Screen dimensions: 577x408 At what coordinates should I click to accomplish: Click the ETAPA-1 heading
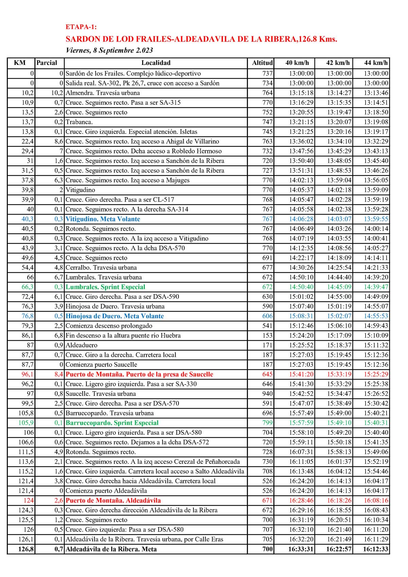[81, 27]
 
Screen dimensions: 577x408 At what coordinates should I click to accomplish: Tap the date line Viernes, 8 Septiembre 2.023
[109, 50]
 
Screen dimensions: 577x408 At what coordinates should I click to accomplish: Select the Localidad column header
[156, 63]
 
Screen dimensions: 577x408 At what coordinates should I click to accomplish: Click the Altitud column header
[262, 63]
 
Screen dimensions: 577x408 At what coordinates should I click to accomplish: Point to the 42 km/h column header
[338, 63]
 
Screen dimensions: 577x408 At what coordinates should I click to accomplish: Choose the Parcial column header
[47, 63]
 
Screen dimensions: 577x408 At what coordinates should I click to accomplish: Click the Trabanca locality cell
[79, 122]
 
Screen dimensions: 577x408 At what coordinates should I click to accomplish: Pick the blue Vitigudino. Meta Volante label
[103, 219]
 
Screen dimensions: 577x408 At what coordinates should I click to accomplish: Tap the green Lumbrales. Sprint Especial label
[105, 287]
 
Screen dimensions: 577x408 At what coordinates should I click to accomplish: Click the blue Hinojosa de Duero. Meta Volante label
[115, 316]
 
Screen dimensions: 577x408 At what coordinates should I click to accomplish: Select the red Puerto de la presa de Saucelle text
[139, 374]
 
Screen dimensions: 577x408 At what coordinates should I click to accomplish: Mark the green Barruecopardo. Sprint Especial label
[112, 423]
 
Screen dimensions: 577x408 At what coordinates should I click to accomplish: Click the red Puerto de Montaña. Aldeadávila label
[113, 500]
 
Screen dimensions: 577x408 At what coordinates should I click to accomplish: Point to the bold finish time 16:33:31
[301, 549]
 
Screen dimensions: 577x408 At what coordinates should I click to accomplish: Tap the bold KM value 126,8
[26, 549]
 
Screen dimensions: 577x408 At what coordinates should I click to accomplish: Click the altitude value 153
[268, 336]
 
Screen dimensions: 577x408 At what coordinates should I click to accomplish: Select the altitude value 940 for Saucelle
[268, 394]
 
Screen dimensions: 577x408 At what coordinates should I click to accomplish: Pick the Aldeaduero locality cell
[82, 345]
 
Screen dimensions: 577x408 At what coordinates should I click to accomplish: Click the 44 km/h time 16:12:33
[375, 549]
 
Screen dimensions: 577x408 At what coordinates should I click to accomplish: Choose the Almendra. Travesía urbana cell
[103, 93]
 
